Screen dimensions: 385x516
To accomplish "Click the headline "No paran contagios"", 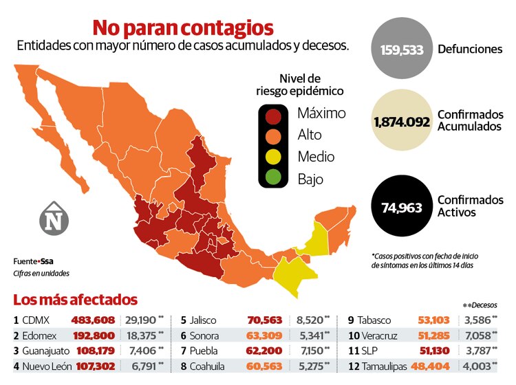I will [x=183, y=27].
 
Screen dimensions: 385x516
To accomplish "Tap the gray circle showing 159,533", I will [x=401, y=49].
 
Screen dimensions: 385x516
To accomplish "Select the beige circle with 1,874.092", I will [x=402, y=122].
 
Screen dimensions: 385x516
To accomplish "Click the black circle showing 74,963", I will [x=401, y=207].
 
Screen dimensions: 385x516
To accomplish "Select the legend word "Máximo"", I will [x=321, y=113].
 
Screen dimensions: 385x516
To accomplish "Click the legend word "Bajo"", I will [x=310, y=179].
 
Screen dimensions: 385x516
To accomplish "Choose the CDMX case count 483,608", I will [x=93, y=320].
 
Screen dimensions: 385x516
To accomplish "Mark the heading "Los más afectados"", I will [x=75, y=300].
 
